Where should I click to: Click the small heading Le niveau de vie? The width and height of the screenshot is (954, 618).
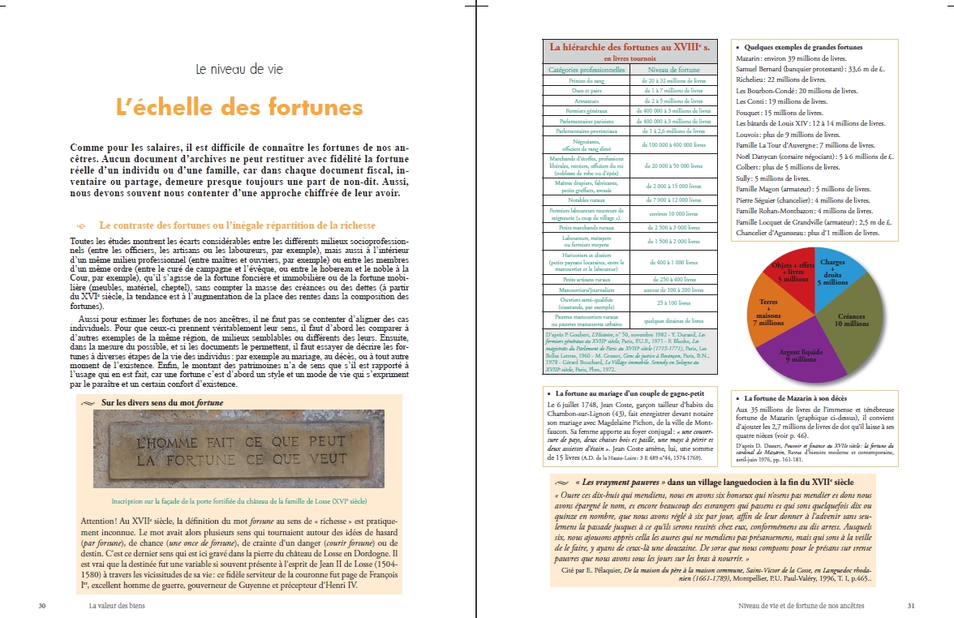click(x=239, y=70)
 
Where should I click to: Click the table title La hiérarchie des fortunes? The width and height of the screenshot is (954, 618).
click(x=630, y=47)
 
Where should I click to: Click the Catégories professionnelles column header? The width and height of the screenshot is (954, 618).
click(x=587, y=70)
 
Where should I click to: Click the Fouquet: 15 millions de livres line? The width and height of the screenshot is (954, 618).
click(x=781, y=113)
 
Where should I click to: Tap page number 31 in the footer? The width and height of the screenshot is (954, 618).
click(x=910, y=605)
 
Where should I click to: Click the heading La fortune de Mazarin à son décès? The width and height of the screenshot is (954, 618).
click(x=801, y=398)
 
